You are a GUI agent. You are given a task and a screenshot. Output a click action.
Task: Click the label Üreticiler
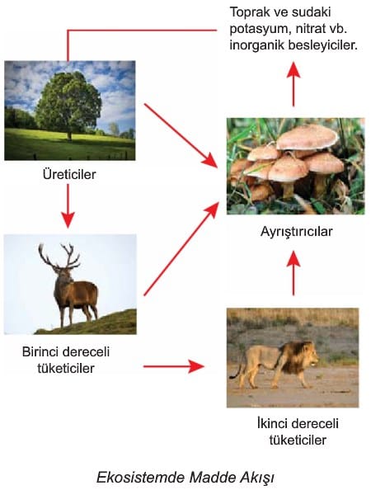click(x=69, y=174)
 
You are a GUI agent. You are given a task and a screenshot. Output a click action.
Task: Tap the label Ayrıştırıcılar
click(x=296, y=232)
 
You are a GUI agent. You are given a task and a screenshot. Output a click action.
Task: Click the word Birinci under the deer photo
click(x=41, y=351)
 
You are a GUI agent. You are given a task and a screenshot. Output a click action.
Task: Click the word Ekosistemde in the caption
click(x=140, y=477)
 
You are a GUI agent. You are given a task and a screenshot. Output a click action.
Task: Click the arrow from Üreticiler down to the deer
click(x=68, y=205)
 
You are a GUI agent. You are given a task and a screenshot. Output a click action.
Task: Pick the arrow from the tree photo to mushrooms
click(x=181, y=135)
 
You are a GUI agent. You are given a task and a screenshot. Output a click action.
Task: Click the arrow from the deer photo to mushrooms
click(x=181, y=248)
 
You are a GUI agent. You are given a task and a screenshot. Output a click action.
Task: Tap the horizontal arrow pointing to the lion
click(x=174, y=366)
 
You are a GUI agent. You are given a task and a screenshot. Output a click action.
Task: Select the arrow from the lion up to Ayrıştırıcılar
click(x=294, y=272)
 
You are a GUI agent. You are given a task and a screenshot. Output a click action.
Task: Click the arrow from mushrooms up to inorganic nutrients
click(x=294, y=84)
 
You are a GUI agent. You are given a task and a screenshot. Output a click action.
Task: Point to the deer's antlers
click(x=59, y=256)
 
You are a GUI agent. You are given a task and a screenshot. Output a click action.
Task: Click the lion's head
click(x=308, y=355)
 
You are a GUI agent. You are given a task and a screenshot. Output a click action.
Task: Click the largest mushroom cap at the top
click(x=307, y=138)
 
